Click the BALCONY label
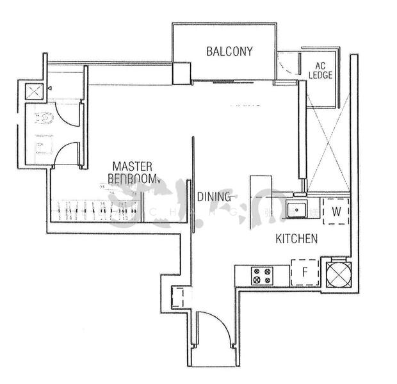coord(229,51)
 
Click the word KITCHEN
coord(296,239)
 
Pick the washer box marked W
coord(336,211)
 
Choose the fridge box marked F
coord(305,272)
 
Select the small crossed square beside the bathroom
coord(33,91)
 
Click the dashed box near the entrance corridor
coord(180,297)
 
